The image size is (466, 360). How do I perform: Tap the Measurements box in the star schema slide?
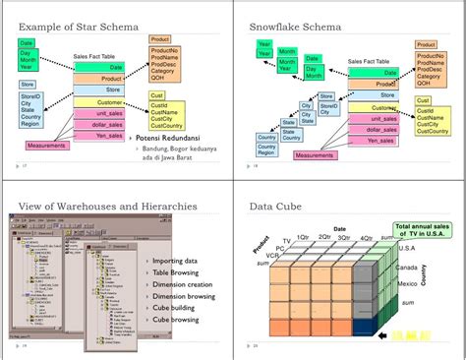[x=47, y=146]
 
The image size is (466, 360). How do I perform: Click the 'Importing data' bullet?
[x=178, y=261]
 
